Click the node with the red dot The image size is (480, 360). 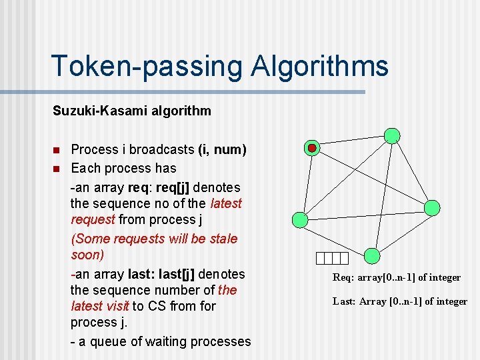pos(312,147)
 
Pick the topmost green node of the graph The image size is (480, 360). pos(393,136)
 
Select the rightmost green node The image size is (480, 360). pos(432,207)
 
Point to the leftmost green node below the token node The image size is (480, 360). pos(301,219)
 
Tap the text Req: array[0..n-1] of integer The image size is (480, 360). pos(397,277)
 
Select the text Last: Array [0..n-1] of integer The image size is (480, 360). pos(400,301)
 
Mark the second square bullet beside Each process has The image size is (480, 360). pos(57,167)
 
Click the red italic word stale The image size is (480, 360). pos(223,238)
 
